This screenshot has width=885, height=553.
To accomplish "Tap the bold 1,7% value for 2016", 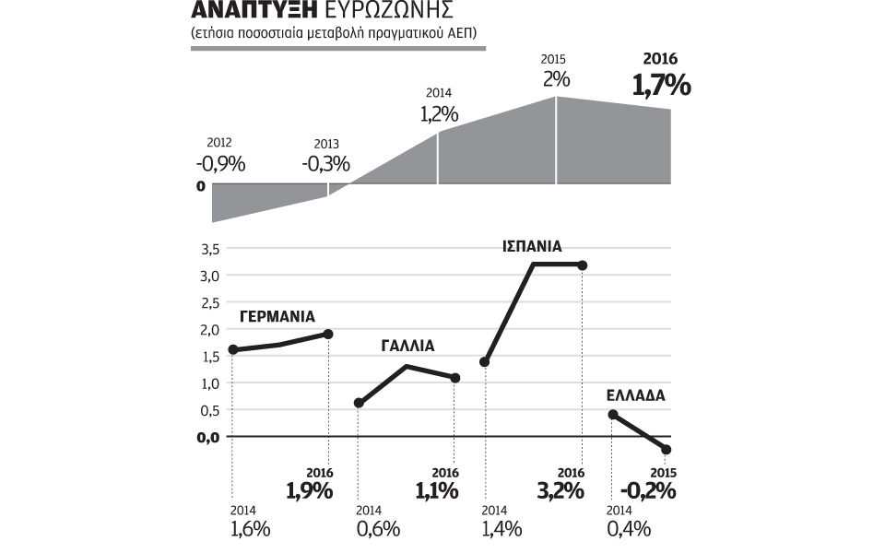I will [x=661, y=86].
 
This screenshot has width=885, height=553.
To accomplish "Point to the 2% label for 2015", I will [x=555, y=80].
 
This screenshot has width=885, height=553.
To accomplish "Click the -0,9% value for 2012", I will [x=220, y=164].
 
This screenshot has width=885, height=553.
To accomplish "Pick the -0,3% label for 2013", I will [x=326, y=165].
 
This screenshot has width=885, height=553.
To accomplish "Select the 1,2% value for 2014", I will [x=439, y=115].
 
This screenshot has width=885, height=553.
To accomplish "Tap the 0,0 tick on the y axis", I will [x=209, y=437].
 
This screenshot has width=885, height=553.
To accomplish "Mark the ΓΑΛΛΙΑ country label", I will [x=407, y=347].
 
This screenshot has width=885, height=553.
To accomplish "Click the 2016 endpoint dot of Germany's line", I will [x=327, y=334].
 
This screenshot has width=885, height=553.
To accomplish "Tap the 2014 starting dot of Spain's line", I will [x=484, y=361].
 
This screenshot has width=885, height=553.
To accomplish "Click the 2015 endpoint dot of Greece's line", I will [x=667, y=449].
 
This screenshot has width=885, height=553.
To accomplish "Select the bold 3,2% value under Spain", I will [x=560, y=490].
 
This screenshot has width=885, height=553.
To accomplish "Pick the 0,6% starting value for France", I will [x=378, y=529].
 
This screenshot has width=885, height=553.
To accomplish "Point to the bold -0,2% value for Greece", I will [x=648, y=490].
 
